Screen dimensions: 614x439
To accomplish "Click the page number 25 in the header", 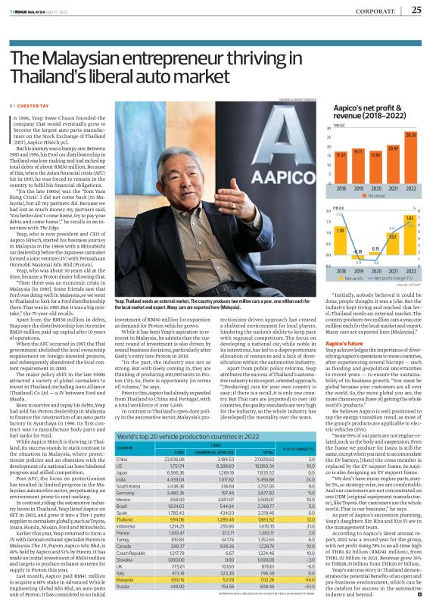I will pos(417,10).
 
